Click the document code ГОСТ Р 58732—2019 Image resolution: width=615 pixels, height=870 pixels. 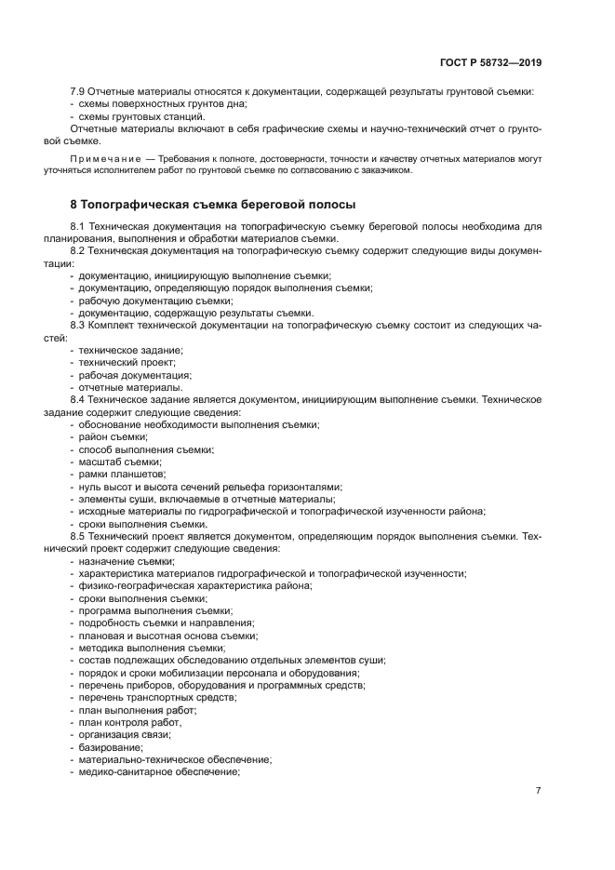coord(491,63)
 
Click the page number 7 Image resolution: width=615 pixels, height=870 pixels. coord(538,790)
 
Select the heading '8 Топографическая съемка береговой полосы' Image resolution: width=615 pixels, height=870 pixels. coord(212,204)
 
